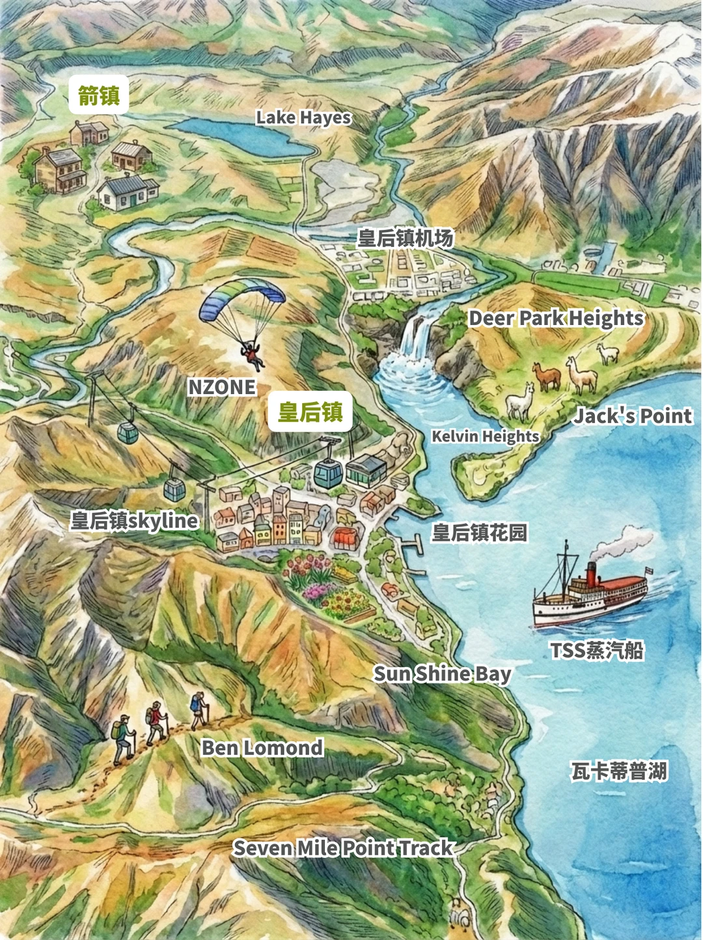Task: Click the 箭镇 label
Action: coord(99,96)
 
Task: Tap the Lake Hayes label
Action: coord(303,118)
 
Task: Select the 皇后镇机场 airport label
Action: coord(405,238)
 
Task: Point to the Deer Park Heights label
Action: coord(556,318)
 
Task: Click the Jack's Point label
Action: coord(632,416)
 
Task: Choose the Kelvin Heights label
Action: coord(486,436)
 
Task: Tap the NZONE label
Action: coord(222,387)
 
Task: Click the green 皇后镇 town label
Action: coord(310,412)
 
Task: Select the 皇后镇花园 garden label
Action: coord(480,533)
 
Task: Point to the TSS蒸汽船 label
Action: coord(597,650)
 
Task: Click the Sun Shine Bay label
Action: coord(442,674)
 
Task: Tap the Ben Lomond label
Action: coord(262,748)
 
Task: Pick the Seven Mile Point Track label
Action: coord(343,848)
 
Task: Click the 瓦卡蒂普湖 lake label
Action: coord(619,771)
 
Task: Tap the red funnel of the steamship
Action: coord(591,573)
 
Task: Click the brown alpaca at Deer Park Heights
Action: coord(547,376)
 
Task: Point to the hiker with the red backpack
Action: coord(155,720)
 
